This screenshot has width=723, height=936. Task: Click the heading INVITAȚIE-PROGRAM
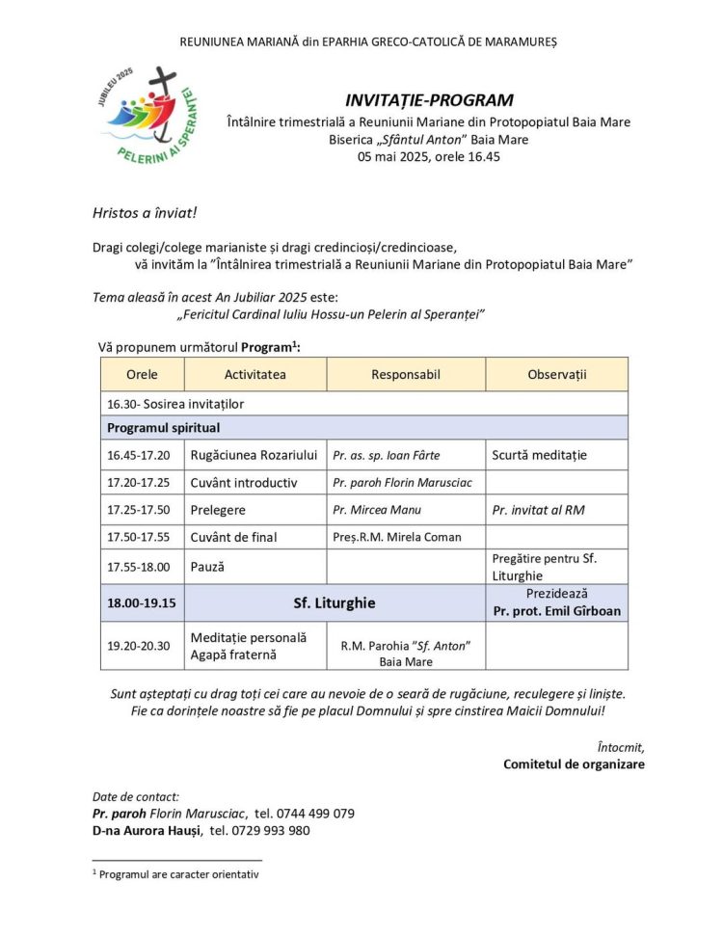429,100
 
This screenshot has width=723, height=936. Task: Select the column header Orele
142,374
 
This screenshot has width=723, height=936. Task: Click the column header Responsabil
406,374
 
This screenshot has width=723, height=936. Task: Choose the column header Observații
556,374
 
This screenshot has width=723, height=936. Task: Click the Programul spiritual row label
164,427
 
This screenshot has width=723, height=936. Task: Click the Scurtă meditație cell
539,455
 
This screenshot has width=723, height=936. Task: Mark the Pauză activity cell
207,567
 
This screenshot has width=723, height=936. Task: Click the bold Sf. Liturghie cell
334,603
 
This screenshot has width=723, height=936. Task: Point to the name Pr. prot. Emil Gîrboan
557,611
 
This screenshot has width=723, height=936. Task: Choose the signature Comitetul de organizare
574,764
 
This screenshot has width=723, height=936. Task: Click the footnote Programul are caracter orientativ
179,874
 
